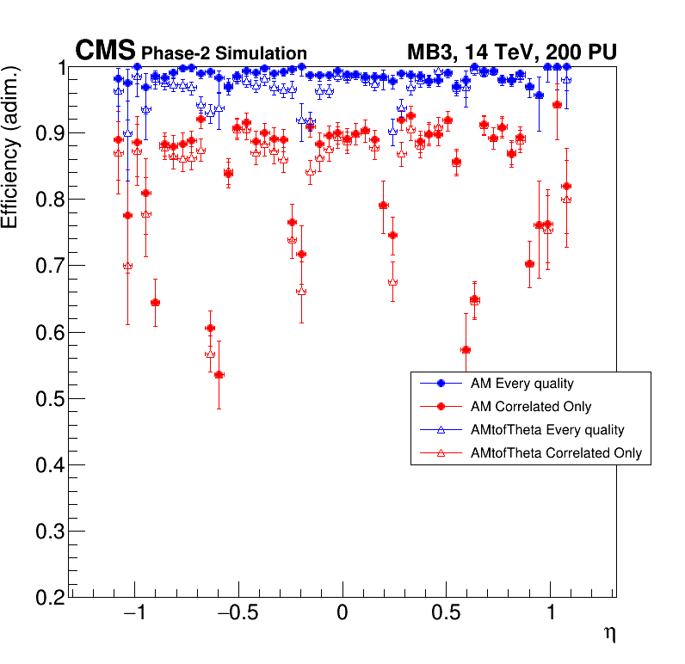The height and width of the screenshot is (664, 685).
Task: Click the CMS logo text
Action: pyautogui.click(x=105, y=52)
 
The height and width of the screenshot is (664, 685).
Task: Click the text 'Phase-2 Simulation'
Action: pyautogui.click(x=224, y=54)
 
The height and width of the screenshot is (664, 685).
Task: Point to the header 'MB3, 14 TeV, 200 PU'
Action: pyautogui.click(x=511, y=53)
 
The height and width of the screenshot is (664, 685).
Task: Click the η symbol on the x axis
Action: pyautogui.click(x=609, y=634)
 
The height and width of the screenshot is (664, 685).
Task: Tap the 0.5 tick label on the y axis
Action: pyautogui.click(x=49, y=399)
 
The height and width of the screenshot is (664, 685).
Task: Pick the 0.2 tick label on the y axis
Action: pyautogui.click(x=49, y=598)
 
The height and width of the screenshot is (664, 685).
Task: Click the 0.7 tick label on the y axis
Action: pyautogui.click(x=49, y=267)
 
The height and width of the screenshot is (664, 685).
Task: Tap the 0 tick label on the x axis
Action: pyautogui.click(x=342, y=615)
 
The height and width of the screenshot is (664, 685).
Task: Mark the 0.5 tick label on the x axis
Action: pyautogui.click(x=446, y=615)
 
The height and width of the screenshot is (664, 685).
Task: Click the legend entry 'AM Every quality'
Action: pyautogui.click(x=517, y=383)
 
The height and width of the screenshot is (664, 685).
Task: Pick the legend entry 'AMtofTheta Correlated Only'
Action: pyautogui.click(x=551, y=453)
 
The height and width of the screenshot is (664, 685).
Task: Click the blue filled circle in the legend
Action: pyautogui.click(x=441, y=383)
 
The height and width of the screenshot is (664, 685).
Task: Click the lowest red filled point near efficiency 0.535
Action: pyautogui.click(x=219, y=375)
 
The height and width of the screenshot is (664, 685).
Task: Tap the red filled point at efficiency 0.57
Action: pyautogui.click(x=466, y=350)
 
